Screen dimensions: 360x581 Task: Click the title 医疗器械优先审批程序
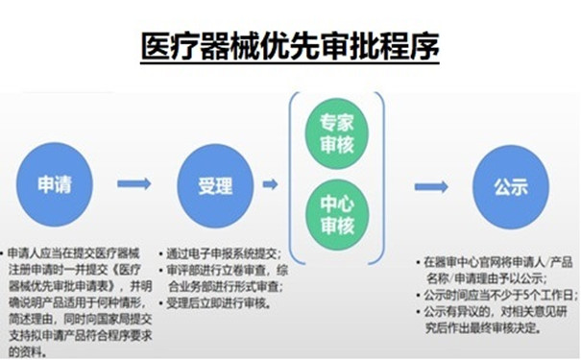pyautogui.click(x=289, y=43)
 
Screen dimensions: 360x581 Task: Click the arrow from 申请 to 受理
pyautogui.click(x=133, y=184)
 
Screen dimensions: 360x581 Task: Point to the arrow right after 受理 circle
pyautogui.click(x=270, y=184)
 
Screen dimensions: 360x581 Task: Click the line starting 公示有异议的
pyautogui.click(x=500, y=311)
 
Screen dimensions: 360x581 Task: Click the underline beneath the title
pyautogui.click(x=289, y=63)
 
